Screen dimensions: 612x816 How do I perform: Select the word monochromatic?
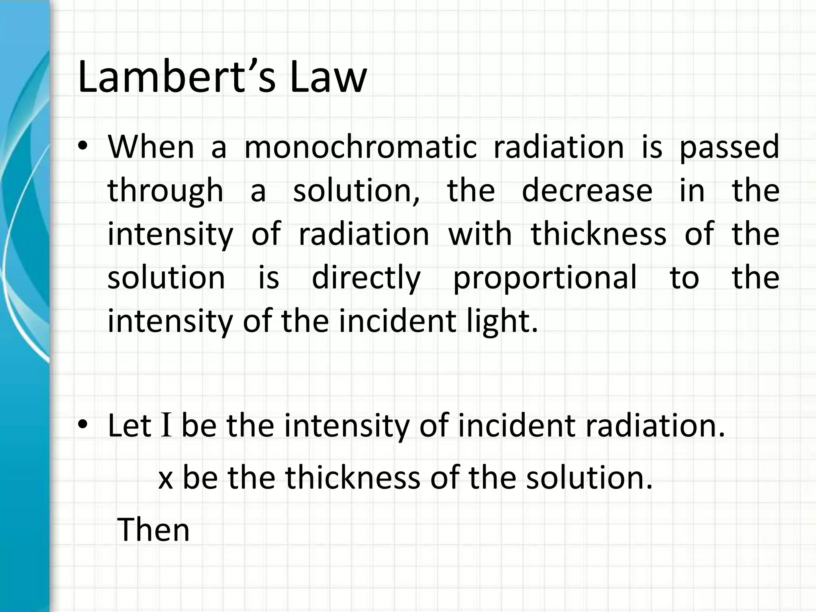click(x=360, y=147)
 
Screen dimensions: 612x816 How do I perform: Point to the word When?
click(x=151, y=147)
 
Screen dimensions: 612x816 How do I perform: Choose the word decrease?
click(x=587, y=190)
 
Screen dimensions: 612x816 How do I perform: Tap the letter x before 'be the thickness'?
click(x=166, y=479)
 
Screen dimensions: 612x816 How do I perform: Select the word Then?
click(x=153, y=530)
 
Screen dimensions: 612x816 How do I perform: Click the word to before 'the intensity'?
click(x=684, y=278)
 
